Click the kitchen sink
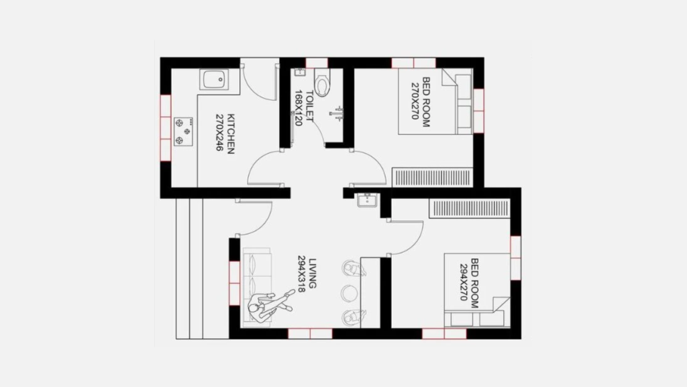point(214,81)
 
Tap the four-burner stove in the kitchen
point(182,131)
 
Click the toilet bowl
point(323,85)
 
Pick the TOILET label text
point(309,107)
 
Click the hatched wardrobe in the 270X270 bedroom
point(432,177)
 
